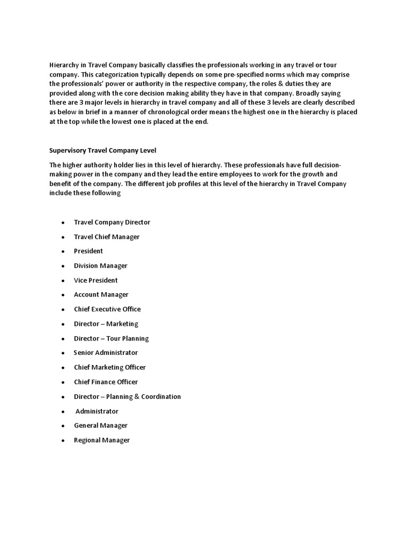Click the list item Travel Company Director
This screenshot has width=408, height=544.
pyautogui.click(x=112, y=222)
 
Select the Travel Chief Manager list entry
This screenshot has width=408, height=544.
pyautogui.click(x=107, y=236)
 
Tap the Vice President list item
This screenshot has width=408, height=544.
pyautogui.click(x=96, y=280)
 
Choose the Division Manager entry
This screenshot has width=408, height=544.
pyautogui.click(x=100, y=266)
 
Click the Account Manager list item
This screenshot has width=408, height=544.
pyautogui.click(x=101, y=294)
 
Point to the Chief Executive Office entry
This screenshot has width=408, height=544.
pyautogui.click(x=107, y=309)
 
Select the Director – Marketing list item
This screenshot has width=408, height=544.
pyautogui.click(x=106, y=324)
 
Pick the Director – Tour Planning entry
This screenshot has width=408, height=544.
pyautogui.click(x=111, y=338)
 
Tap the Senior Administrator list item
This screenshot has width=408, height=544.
pyautogui.click(x=106, y=353)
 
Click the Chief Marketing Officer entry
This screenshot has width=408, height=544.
pyautogui.click(x=109, y=367)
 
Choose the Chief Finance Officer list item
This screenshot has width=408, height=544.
pyautogui.click(x=106, y=382)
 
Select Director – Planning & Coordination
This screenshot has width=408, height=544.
pyautogui.click(x=127, y=396)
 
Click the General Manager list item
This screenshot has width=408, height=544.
pyautogui.click(x=100, y=426)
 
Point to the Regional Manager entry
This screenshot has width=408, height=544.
pyautogui.click(x=101, y=440)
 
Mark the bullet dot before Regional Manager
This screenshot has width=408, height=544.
pyautogui.click(x=63, y=440)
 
